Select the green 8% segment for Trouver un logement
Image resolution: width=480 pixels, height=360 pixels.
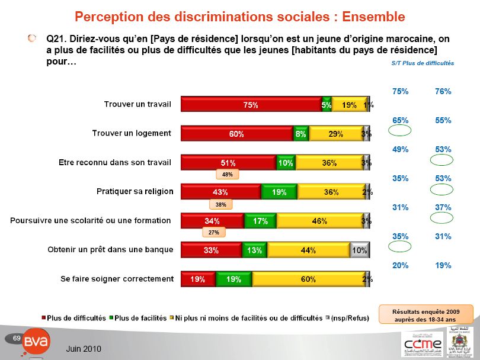point(301,134)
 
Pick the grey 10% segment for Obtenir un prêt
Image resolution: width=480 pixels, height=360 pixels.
point(360,250)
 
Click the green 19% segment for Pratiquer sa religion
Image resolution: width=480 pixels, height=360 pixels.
point(279,192)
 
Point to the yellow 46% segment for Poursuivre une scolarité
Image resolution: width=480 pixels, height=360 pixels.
point(319,221)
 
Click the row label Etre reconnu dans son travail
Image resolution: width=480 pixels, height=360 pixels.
point(115,162)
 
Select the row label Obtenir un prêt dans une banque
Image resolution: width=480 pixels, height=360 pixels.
point(110,249)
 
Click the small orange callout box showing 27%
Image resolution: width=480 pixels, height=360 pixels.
point(214,233)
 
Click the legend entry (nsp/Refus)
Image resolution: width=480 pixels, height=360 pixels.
point(351,318)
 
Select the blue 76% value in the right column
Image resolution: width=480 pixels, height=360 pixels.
point(443,91)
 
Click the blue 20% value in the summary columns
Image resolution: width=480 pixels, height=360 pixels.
point(401,265)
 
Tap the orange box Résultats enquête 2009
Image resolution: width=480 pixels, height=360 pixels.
point(425,314)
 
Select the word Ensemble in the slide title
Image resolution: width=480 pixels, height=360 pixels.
point(365,16)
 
